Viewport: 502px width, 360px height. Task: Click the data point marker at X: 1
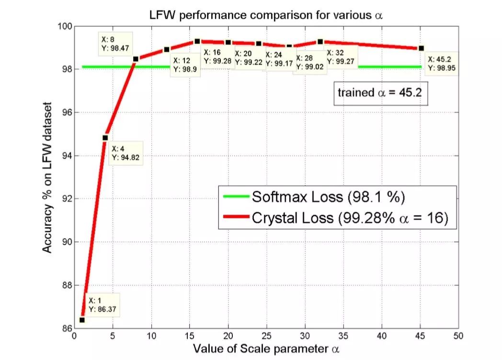82,320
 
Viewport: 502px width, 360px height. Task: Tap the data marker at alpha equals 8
136,59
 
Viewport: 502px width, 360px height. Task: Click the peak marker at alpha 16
197,41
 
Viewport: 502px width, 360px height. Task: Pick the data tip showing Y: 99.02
309,63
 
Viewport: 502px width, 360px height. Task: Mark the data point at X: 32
320,42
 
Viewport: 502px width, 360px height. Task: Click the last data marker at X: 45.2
421,48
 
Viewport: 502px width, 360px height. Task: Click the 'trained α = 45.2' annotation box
380,92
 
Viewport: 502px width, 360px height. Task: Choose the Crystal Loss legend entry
335,218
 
